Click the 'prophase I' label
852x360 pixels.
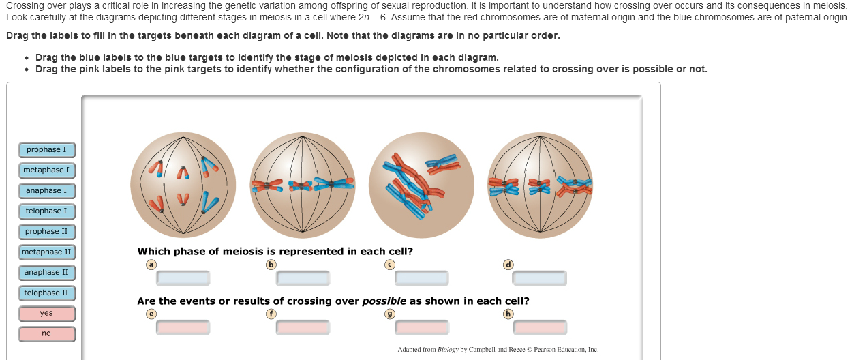pyautogui.click(x=47, y=150)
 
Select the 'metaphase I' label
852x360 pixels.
pyautogui.click(x=47, y=170)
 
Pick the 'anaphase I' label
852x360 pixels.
pyautogui.click(x=47, y=191)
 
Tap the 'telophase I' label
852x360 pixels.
pyautogui.click(x=47, y=211)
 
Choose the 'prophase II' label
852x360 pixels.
pyautogui.click(x=47, y=232)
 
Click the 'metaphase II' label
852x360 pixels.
pyautogui.click(x=47, y=252)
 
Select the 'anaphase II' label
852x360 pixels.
pyautogui.click(x=47, y=273)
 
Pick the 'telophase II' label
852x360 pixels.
pyautogui.click(x=47, y=293)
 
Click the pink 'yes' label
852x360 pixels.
pyautogui.click(x=47, y=314)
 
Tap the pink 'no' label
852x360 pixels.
pyautogui.click(x=47, y=334)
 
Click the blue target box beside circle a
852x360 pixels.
pyautogui.click(x=183, y=278)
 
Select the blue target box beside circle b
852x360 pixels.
pyautogui.click(x=303, y=278)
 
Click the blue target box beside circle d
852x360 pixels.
pyautogui.click(x=539, y=278)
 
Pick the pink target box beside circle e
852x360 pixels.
pyautogui.click(x=183, y=328)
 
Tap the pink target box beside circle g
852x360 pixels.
pyautogui.click(x=422, y=328)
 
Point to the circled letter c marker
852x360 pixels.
pyautogui.click(x=390, y=265)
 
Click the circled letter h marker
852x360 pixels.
pyautogui.click(x=508, y=314)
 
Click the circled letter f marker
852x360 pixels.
pyautogui.click(x=271, y=314)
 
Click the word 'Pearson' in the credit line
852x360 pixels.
pyautogui.click(x=545, y=350)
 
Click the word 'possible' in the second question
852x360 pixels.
pyautogui.click(x=384, y=301)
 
